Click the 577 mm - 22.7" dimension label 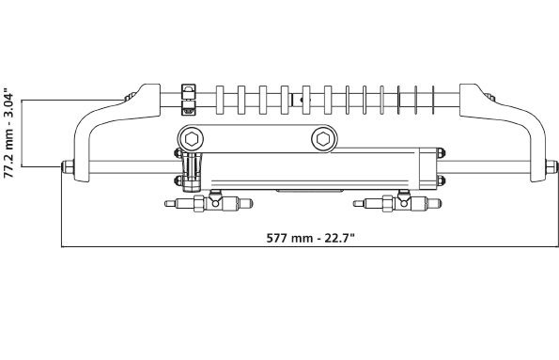pyautogui.click(x=311, y=238)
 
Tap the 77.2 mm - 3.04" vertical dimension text pyautogui.click(x=8, y=133)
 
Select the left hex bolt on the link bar pyautogui.click(x=192, y=139)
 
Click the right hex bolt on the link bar pyautogui.click(x=324, y=139)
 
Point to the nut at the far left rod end pyautogui.click(x=68, y=166)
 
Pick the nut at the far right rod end pyautogui.click(x=551, y=166)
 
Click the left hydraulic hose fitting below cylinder pyautogui.click(x=209, y=202)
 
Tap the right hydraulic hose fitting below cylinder pyautogui.click(x=397, y=202)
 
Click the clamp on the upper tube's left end pyautogui.click(x=189, y=100)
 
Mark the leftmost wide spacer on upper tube pyautogui.click(x=220, y=100)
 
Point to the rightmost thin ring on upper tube pyautogui.click(x=433, y=100)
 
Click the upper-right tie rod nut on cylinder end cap pyautogui.click(x=441, y=152)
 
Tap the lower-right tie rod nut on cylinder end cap pyautogui.click(x=441, y=180)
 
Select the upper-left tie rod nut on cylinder pyautogui.click(x=178, y=153)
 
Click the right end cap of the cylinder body pyautogui.click(x=427, y=168)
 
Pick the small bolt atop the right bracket pyautogui.click(x=489, y=97)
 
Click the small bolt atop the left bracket pyautogui.click(x=131, y=97)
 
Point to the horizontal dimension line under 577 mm pyautogui.click(x=310, y=246)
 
